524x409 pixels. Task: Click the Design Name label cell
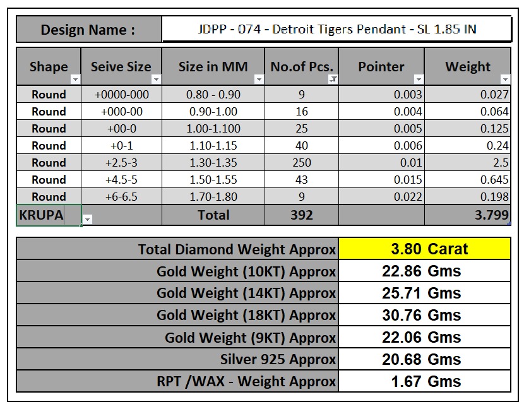88,30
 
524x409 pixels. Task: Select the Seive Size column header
121,66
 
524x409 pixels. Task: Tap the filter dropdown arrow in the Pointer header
419,80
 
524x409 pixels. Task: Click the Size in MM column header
213,66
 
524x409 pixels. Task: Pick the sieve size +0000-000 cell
121,95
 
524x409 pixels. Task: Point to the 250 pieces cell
301,163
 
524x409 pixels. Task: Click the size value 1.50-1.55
213,180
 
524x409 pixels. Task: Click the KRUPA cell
42,215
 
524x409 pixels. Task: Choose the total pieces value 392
301,215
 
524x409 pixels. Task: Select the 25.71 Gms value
421,293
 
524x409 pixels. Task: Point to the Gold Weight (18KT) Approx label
246,316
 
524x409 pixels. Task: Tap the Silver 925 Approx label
278,360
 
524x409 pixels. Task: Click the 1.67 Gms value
421,382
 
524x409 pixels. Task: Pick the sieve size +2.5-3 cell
121,163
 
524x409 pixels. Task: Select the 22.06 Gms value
421,338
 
